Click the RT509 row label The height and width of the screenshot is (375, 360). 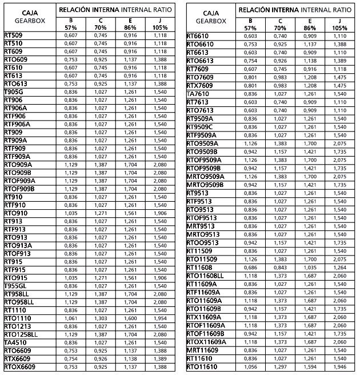click(14, 35)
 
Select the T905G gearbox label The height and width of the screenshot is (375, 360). click(14, 91)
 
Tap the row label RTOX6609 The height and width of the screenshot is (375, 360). click(19, 367)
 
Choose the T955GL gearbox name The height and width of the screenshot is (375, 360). click(15, 286)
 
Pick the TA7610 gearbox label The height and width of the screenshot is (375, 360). click(198, 94)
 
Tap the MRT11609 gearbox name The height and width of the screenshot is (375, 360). click(202, 350)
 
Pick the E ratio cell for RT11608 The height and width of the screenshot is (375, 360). click(310, 267)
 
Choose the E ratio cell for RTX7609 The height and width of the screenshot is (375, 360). click(310, 85)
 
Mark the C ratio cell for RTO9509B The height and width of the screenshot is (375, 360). click(280, 151)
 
